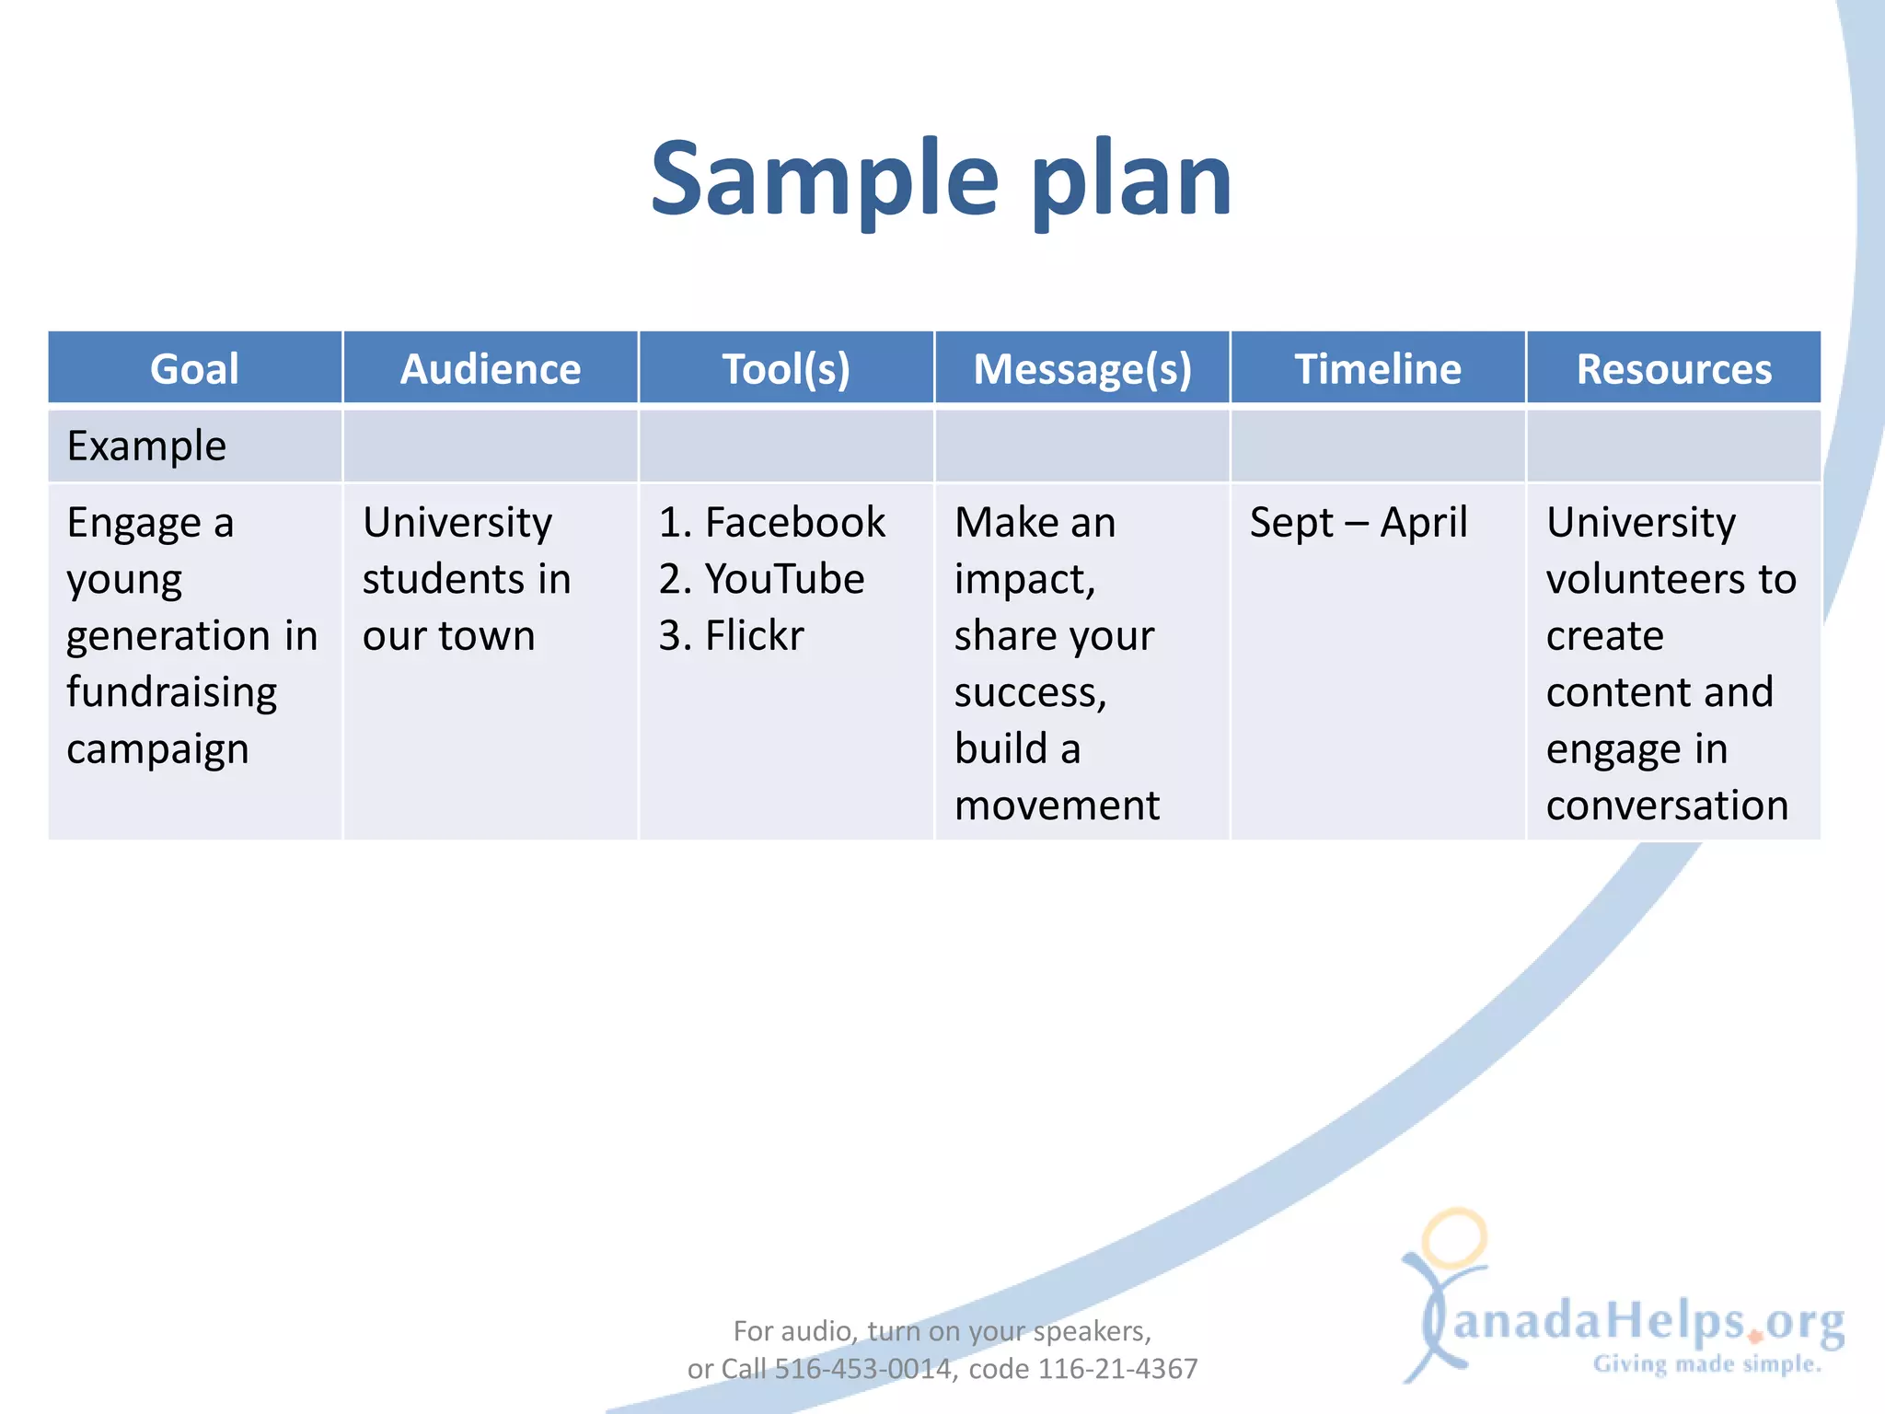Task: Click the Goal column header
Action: [194, 369]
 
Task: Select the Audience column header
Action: [491, 369]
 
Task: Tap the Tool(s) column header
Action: [786, 369]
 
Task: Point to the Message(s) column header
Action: [1082, 369]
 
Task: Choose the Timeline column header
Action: [1378, 369]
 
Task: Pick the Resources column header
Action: [1674, 369]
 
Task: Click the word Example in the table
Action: [146, 446]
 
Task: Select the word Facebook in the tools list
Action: [795, 523]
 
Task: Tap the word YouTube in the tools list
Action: [784, 580]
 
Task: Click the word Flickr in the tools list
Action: [755, 636]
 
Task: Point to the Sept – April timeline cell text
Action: [1359, 524]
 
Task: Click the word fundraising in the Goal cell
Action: [171, 693]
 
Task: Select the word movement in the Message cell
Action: [1057, 806]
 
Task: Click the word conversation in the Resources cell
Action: [1667, 806]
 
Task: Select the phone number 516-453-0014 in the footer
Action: [862, 1369]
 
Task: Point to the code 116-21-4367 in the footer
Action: [1118, 1369]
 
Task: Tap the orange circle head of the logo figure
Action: [1454, 1238]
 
